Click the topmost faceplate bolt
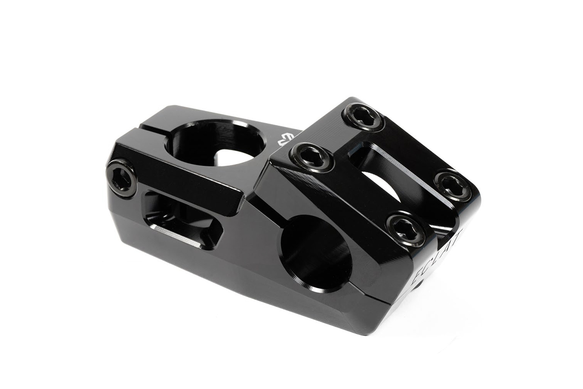363,116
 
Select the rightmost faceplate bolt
452,186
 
